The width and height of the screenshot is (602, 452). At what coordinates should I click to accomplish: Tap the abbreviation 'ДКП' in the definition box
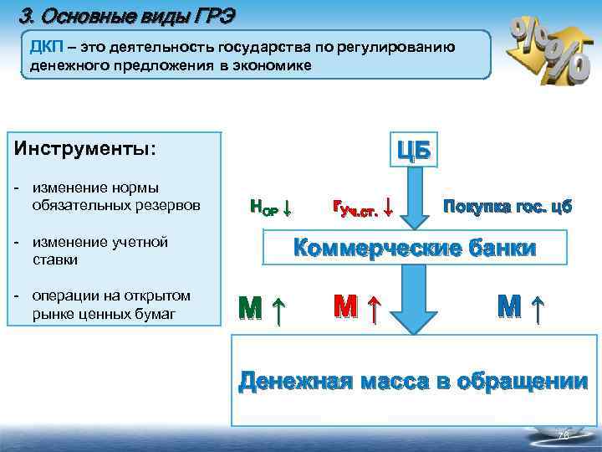pos(48,47)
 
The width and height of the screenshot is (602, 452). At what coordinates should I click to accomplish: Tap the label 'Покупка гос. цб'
pos(508,206)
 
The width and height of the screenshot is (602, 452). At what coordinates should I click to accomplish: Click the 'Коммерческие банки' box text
pos(413,249)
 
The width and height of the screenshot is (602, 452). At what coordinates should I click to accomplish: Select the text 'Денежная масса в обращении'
pos(413,382)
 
